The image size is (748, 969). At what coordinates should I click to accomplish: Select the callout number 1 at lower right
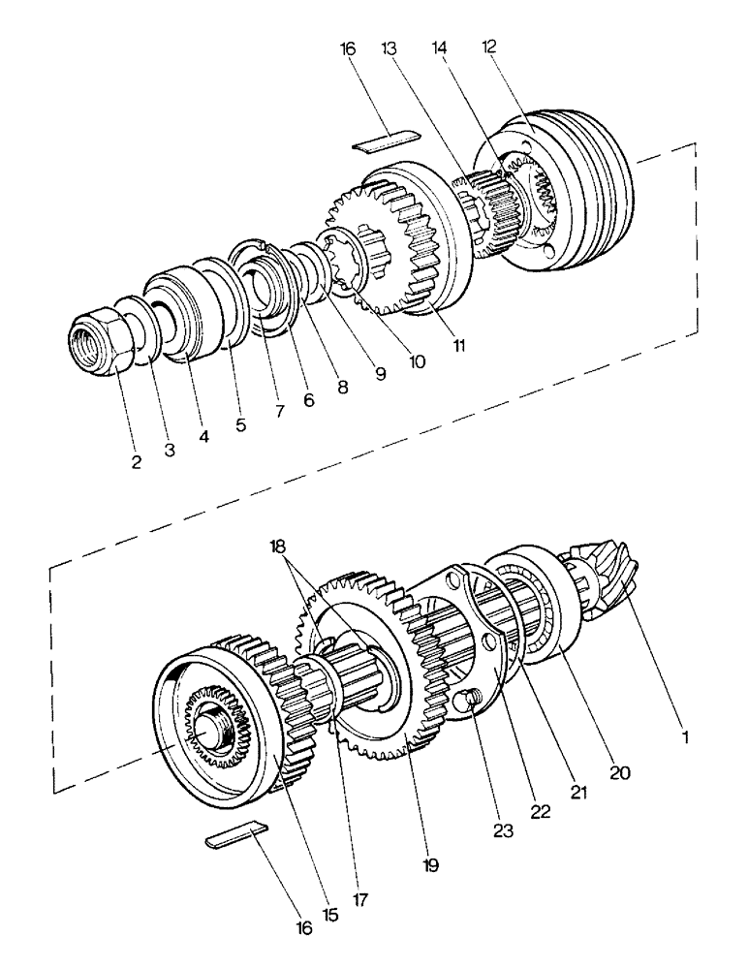click(686, 737)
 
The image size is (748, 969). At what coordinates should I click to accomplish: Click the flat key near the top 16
click(385, 142)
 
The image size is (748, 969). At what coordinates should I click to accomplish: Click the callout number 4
click(203, 436)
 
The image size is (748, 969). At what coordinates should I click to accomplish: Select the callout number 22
click(540, 812)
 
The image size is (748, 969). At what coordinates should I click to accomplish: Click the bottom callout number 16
click(305, 927)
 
